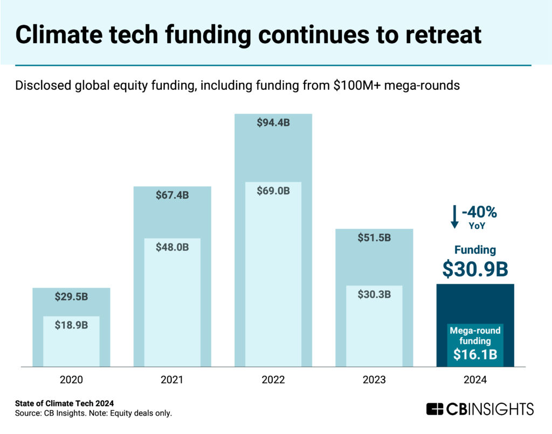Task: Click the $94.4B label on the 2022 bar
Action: click(273, 123)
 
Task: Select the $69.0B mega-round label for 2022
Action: click(273, 191)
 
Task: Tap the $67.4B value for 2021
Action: click(172, 195)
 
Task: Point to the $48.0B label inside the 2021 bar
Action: click(172, 247)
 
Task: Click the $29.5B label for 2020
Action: click(71, 297)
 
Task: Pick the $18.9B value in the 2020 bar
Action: click(71, 325)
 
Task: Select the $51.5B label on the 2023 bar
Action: click(374, 238)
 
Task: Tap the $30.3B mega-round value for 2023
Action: click(374, 294)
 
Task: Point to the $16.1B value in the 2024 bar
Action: click(475, 354)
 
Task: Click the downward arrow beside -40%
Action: click(454, 216)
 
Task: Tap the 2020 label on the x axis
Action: click(71, 380)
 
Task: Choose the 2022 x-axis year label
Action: click(273, 380)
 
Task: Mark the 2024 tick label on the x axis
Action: click(475, 380)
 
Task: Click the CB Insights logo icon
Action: click(435, 409)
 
